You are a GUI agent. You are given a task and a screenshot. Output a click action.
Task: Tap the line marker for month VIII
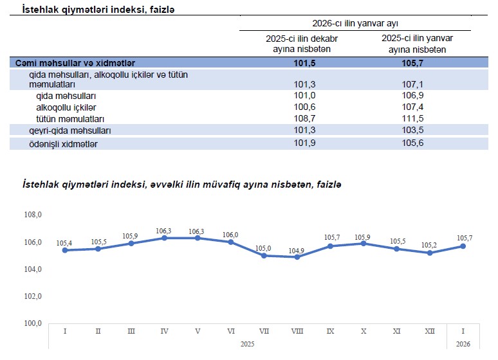pos(297,257)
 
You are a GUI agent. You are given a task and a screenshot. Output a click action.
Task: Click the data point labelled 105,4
pos(65,250)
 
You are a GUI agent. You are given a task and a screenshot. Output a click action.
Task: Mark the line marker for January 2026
pos(463,246)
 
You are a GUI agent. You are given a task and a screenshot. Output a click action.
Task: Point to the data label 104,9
pos(297,250)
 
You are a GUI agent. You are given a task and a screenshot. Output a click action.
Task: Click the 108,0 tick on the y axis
pos(33,215)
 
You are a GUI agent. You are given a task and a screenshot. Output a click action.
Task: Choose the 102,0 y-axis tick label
pos(33,296)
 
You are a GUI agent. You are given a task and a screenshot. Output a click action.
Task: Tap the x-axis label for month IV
pos(164,331)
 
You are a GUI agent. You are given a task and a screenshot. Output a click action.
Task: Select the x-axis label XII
pos(430,331)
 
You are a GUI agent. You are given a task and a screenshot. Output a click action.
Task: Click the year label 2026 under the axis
pos(463,345)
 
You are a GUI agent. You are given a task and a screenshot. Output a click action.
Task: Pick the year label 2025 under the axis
pos(247,345)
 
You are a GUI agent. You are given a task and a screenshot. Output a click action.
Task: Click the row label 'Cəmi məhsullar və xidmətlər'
pos(76,63)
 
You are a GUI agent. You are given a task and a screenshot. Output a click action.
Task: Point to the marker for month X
pos(364,243)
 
